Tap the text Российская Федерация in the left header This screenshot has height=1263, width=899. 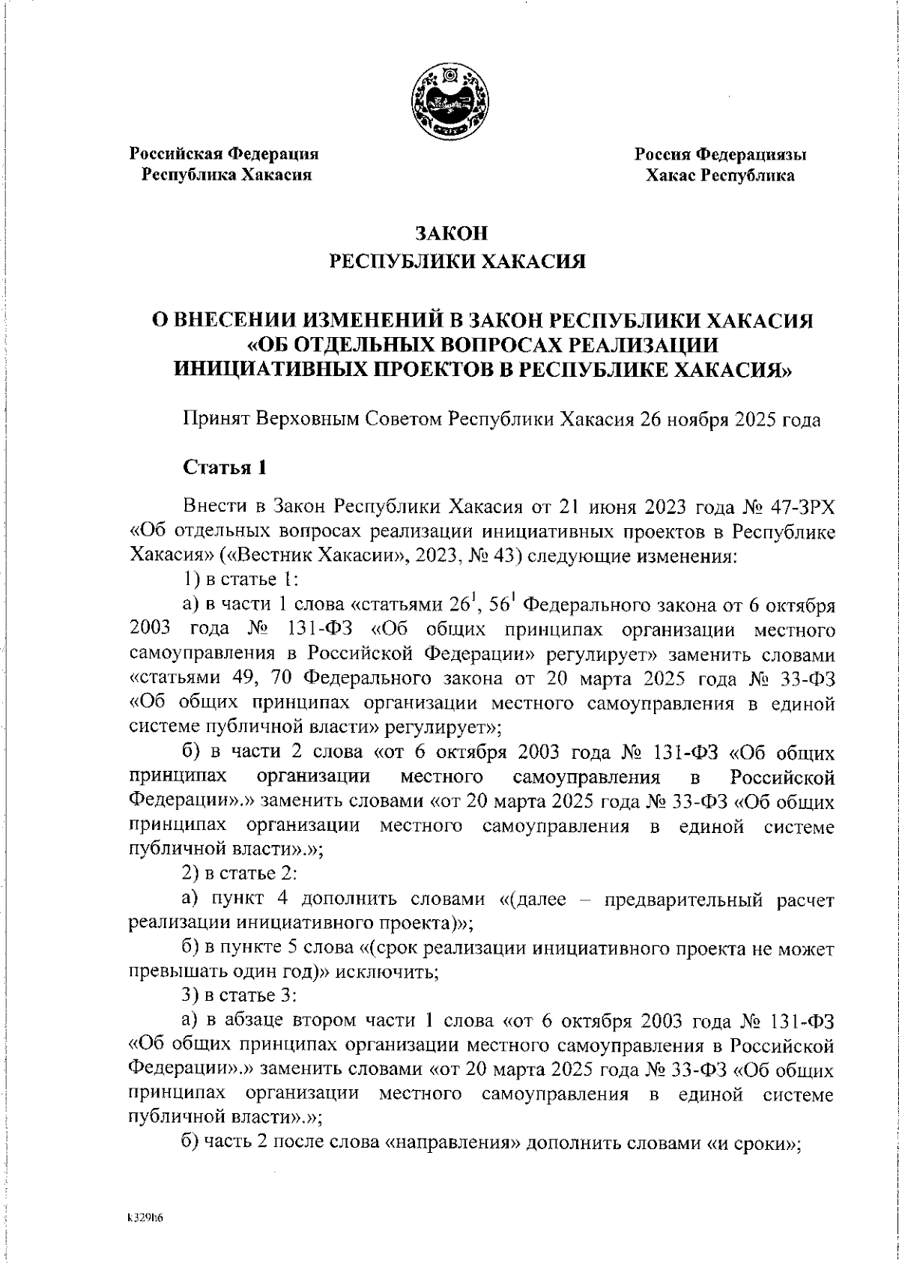click(225, 154)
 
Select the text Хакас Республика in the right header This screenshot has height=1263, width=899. click(720, 176)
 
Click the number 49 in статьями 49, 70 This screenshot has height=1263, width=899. click(240, 679)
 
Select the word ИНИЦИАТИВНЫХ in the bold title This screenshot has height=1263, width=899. click(277, 369)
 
